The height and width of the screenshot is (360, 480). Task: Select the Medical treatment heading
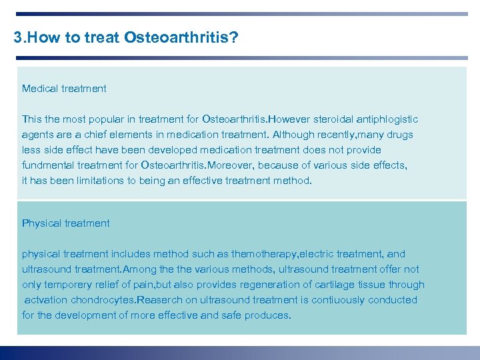(64, 89)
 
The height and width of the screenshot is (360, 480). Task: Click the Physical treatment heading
(66, 223)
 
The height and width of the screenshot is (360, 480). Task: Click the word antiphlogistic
(388, 119)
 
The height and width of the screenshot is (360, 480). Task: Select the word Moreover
(230, 165)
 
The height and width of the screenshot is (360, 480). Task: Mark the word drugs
(398, 135)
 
